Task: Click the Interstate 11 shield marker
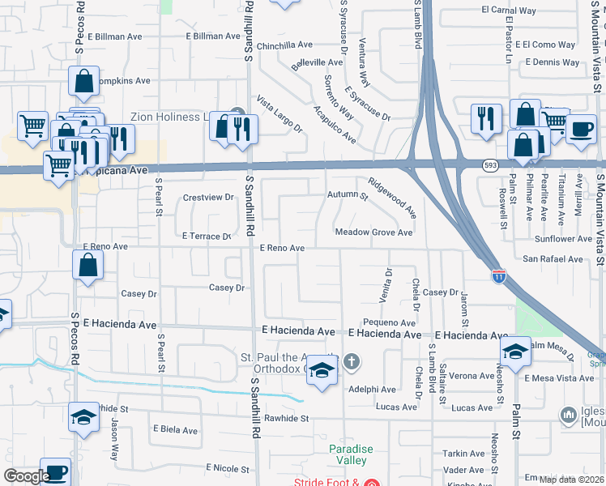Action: click(x=498, y=276)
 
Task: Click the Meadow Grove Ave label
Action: click(x=374, y=232)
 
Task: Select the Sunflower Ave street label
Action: click(x=563, y=239)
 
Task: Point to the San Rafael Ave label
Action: click(x=553, y=259)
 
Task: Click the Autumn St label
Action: click(x=348, y=195)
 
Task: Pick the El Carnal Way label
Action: click(x=509, y=11)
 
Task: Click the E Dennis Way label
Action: click(x=553, y=62)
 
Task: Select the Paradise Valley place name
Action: click(x=351, y=454)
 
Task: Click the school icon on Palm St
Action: click(x=514, y=351)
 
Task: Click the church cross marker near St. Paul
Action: click(x=351, y=361)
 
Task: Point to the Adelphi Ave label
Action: click(x=371, y=389)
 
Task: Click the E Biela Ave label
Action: click(x=175, y=430)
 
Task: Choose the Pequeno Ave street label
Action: click(x=389, y=322)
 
